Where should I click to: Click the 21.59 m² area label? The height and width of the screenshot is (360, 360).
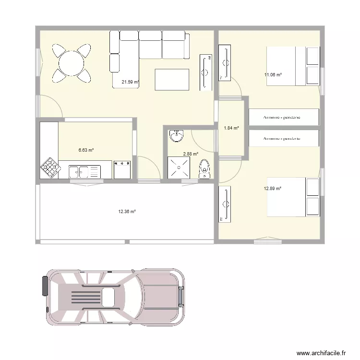[130, 82]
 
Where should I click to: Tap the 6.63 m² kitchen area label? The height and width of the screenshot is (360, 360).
[86, 150]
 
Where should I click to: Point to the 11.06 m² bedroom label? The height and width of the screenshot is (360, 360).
[273, 75]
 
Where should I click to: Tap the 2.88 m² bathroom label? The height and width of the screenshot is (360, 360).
[191, 154]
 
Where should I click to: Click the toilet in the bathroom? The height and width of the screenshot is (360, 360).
[205, 168]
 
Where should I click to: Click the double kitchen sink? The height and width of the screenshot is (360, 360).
[85, 171]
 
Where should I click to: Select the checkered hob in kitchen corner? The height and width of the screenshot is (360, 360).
[50, 168]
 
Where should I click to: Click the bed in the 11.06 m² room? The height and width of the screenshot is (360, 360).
[293, 66]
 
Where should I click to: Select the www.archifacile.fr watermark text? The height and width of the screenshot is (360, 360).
[321, 353]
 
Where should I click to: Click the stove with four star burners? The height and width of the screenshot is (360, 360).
[123, 170]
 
